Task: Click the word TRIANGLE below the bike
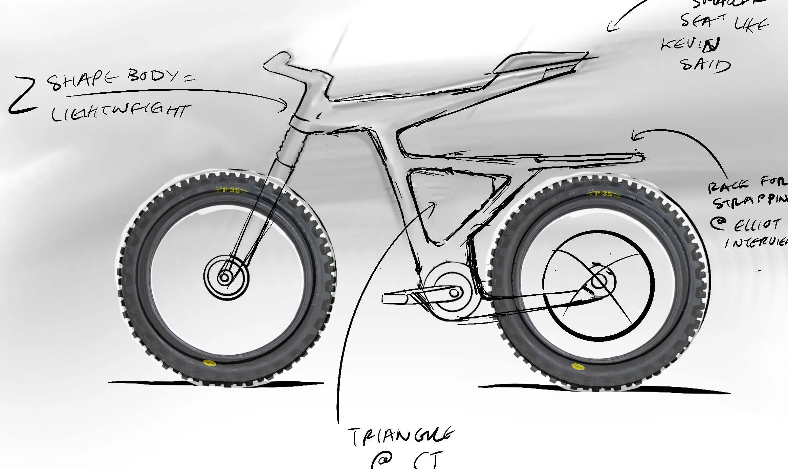[401, 437]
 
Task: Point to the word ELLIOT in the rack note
[757, 224]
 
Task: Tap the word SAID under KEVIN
[705, 65]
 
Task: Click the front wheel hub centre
[224, 278]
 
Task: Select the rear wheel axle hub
[599, 281]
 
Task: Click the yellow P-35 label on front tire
[232, 191]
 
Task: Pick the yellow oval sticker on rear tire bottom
[577, 366]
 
